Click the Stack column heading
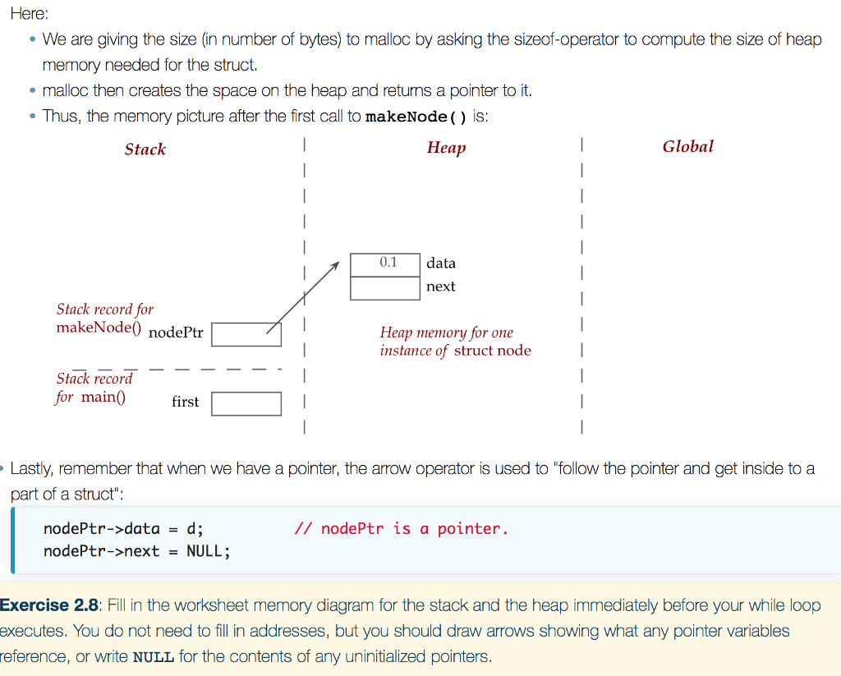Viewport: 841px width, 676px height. pos(145,149)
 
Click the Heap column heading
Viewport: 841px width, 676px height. pos(446,147)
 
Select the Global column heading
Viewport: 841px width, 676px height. pos(688,146)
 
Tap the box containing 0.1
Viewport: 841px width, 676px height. pos(385,264)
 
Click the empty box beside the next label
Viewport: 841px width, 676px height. pos(385,287)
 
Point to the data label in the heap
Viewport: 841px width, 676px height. pos(441,263)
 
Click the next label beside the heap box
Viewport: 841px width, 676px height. pos(441,287)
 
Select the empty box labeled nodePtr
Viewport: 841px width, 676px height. pos(246,334)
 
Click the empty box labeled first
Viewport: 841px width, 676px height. pos(246,403)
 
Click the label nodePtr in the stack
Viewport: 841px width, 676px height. pos(176,333)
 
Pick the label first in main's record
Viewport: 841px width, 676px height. pos(185,402)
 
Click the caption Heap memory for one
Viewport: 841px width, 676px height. pos(446,333)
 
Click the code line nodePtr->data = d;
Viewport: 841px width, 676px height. pos(123,529)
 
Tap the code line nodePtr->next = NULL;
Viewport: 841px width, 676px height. pos(136,551)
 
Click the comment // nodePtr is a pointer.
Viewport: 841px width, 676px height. pos(401,529)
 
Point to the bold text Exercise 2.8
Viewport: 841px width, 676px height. pos(50,606)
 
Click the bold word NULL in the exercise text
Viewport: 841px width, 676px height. pos(153,658)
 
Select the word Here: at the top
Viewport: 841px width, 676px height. pos(30,14)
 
